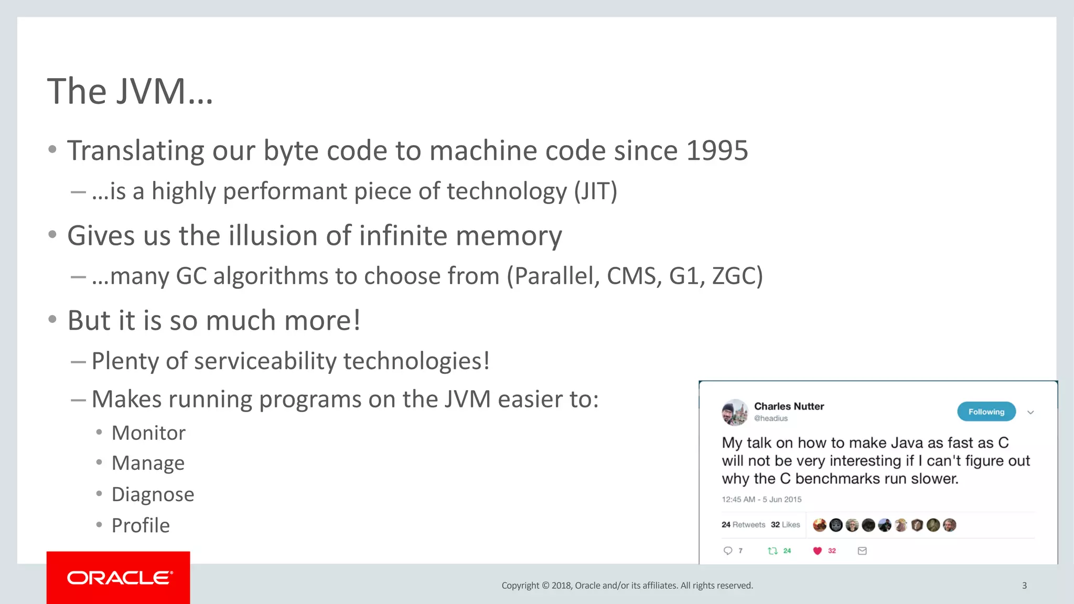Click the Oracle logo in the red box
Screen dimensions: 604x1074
119,578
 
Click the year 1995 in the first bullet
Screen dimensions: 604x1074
716,151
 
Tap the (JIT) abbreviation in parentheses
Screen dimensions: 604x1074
595,191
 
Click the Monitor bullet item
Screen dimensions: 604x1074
148,433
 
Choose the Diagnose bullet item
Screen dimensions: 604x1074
153,494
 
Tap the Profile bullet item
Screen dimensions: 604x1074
141,525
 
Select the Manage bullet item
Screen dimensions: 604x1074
148,463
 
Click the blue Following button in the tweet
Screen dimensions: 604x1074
986,412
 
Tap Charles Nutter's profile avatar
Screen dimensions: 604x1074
734,412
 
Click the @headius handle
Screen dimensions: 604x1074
770,418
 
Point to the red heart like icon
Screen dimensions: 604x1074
817,551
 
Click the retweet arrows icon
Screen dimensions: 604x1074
772,551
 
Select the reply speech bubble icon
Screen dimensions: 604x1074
728,551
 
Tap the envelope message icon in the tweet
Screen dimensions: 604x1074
862,551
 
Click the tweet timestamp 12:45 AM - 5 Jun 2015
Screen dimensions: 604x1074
761,499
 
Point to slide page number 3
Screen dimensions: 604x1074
1024,586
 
